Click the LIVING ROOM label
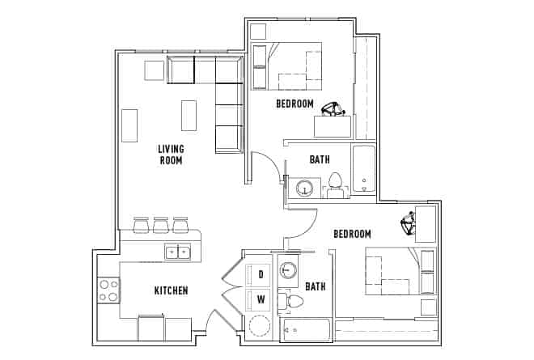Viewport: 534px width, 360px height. click(x=170, y=155)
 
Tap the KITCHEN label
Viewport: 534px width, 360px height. click(x=172, y=290)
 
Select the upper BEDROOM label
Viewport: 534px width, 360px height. click(x=295, y=104)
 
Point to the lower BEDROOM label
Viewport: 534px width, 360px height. click(x=353, y=234)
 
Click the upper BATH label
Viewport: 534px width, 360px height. click(x=320, y=159)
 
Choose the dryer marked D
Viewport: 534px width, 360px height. click(x=261, y=274)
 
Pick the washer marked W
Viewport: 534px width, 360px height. click(x=261, y=300)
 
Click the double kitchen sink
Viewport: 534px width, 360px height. click(x=177, y=252)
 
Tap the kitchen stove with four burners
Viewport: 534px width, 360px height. click(x=108, y=290)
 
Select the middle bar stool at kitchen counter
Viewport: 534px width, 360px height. click(x=160, y=224)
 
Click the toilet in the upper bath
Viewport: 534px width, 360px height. click(x=336, y=184)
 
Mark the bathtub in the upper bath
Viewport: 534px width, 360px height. click(x=364, y=171)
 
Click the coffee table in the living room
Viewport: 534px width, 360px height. click(x=189, y=114)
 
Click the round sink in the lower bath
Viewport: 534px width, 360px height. click(x=287, y=270)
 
